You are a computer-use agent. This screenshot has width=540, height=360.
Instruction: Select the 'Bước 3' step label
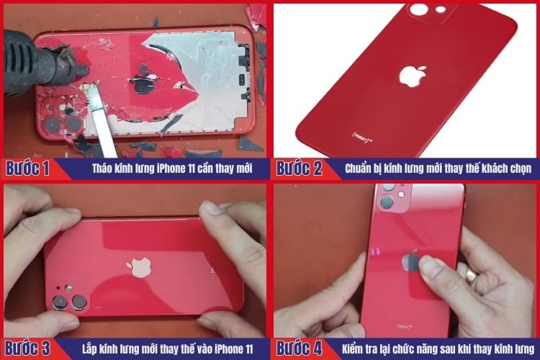point(27,348)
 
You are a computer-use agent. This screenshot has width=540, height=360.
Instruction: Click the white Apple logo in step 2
point(413,77)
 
